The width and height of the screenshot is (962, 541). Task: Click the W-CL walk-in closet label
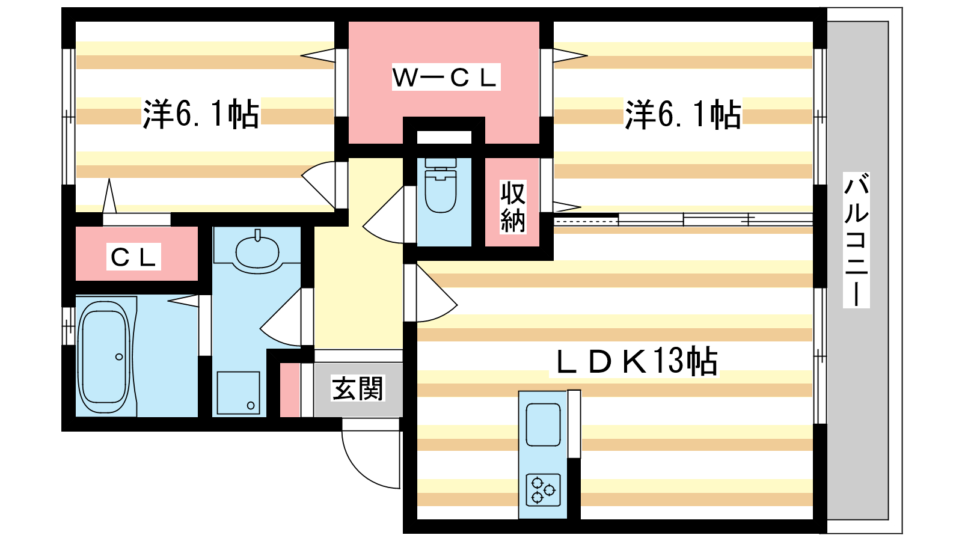click(x=446, y=78)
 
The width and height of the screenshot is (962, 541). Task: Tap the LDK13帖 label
click(x=635, y=361)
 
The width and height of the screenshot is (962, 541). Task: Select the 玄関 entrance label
click(x=358, y=389)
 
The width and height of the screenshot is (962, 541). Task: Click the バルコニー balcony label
click(x=856, y=240)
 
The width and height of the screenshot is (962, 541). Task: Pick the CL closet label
click(x=133, y=257)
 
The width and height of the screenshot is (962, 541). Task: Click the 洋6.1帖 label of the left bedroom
click(x=201, y=114)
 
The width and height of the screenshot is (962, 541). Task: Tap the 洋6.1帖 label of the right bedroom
click(x=683, y=114)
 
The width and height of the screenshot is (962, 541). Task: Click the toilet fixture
click(x=440, y=186)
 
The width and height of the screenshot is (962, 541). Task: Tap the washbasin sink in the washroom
click(x=257, y=251)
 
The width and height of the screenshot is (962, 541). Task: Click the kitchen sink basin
click(x=543, y=424)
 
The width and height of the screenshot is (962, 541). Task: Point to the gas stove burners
click(x=543, y=489)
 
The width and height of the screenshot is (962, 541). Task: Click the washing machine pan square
click(x=238, y=393)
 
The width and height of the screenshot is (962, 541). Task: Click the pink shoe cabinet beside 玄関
click(x=290, y=390)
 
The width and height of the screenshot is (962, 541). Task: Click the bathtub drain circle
click(x=119, y=357)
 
